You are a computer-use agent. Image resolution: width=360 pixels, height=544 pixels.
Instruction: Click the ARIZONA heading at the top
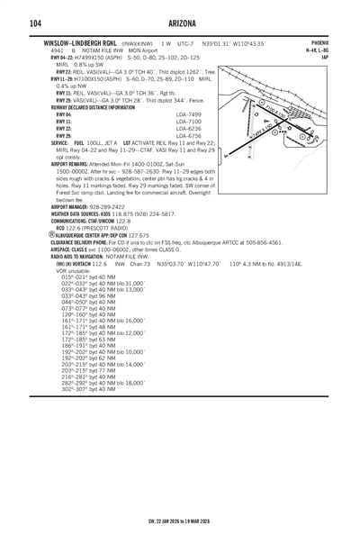180,22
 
